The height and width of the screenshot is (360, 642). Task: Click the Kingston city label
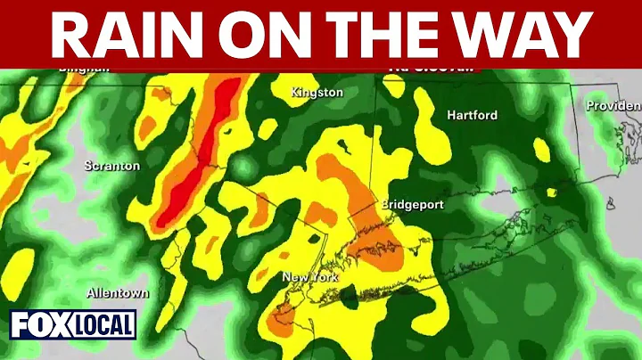317,92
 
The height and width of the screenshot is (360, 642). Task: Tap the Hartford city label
472,115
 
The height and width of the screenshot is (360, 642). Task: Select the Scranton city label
111,165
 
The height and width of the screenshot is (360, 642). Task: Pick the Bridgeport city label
412,204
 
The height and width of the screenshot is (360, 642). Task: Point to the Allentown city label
118,292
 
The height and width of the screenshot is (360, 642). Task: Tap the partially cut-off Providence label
613,105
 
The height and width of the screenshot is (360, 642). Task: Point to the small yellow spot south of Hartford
550,191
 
